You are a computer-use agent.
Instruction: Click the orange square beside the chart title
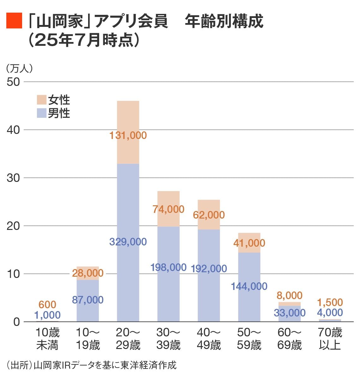[14, 21]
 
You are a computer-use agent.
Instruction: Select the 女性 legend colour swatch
[41, 100]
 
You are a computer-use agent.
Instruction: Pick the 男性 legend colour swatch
[41, 113]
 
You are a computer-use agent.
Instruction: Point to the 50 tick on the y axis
[13, 82]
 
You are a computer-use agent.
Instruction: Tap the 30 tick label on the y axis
[13, 178]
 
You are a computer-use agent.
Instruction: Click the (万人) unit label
[19, 69]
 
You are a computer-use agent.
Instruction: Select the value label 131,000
[128, 135]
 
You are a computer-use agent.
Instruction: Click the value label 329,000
[128, 242]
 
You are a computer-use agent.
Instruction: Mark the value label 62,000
[209, 215]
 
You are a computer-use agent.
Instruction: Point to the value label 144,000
[249, 286]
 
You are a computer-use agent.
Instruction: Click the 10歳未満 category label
[47, 339]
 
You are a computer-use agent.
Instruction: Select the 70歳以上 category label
[330, 339]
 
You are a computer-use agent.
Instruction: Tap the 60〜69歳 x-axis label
[290, 339]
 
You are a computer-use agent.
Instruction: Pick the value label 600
[47, 305]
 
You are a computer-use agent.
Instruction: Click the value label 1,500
[330, 302]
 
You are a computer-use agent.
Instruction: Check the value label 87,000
[88, 300]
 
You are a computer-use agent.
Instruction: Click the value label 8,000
[290, 296]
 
